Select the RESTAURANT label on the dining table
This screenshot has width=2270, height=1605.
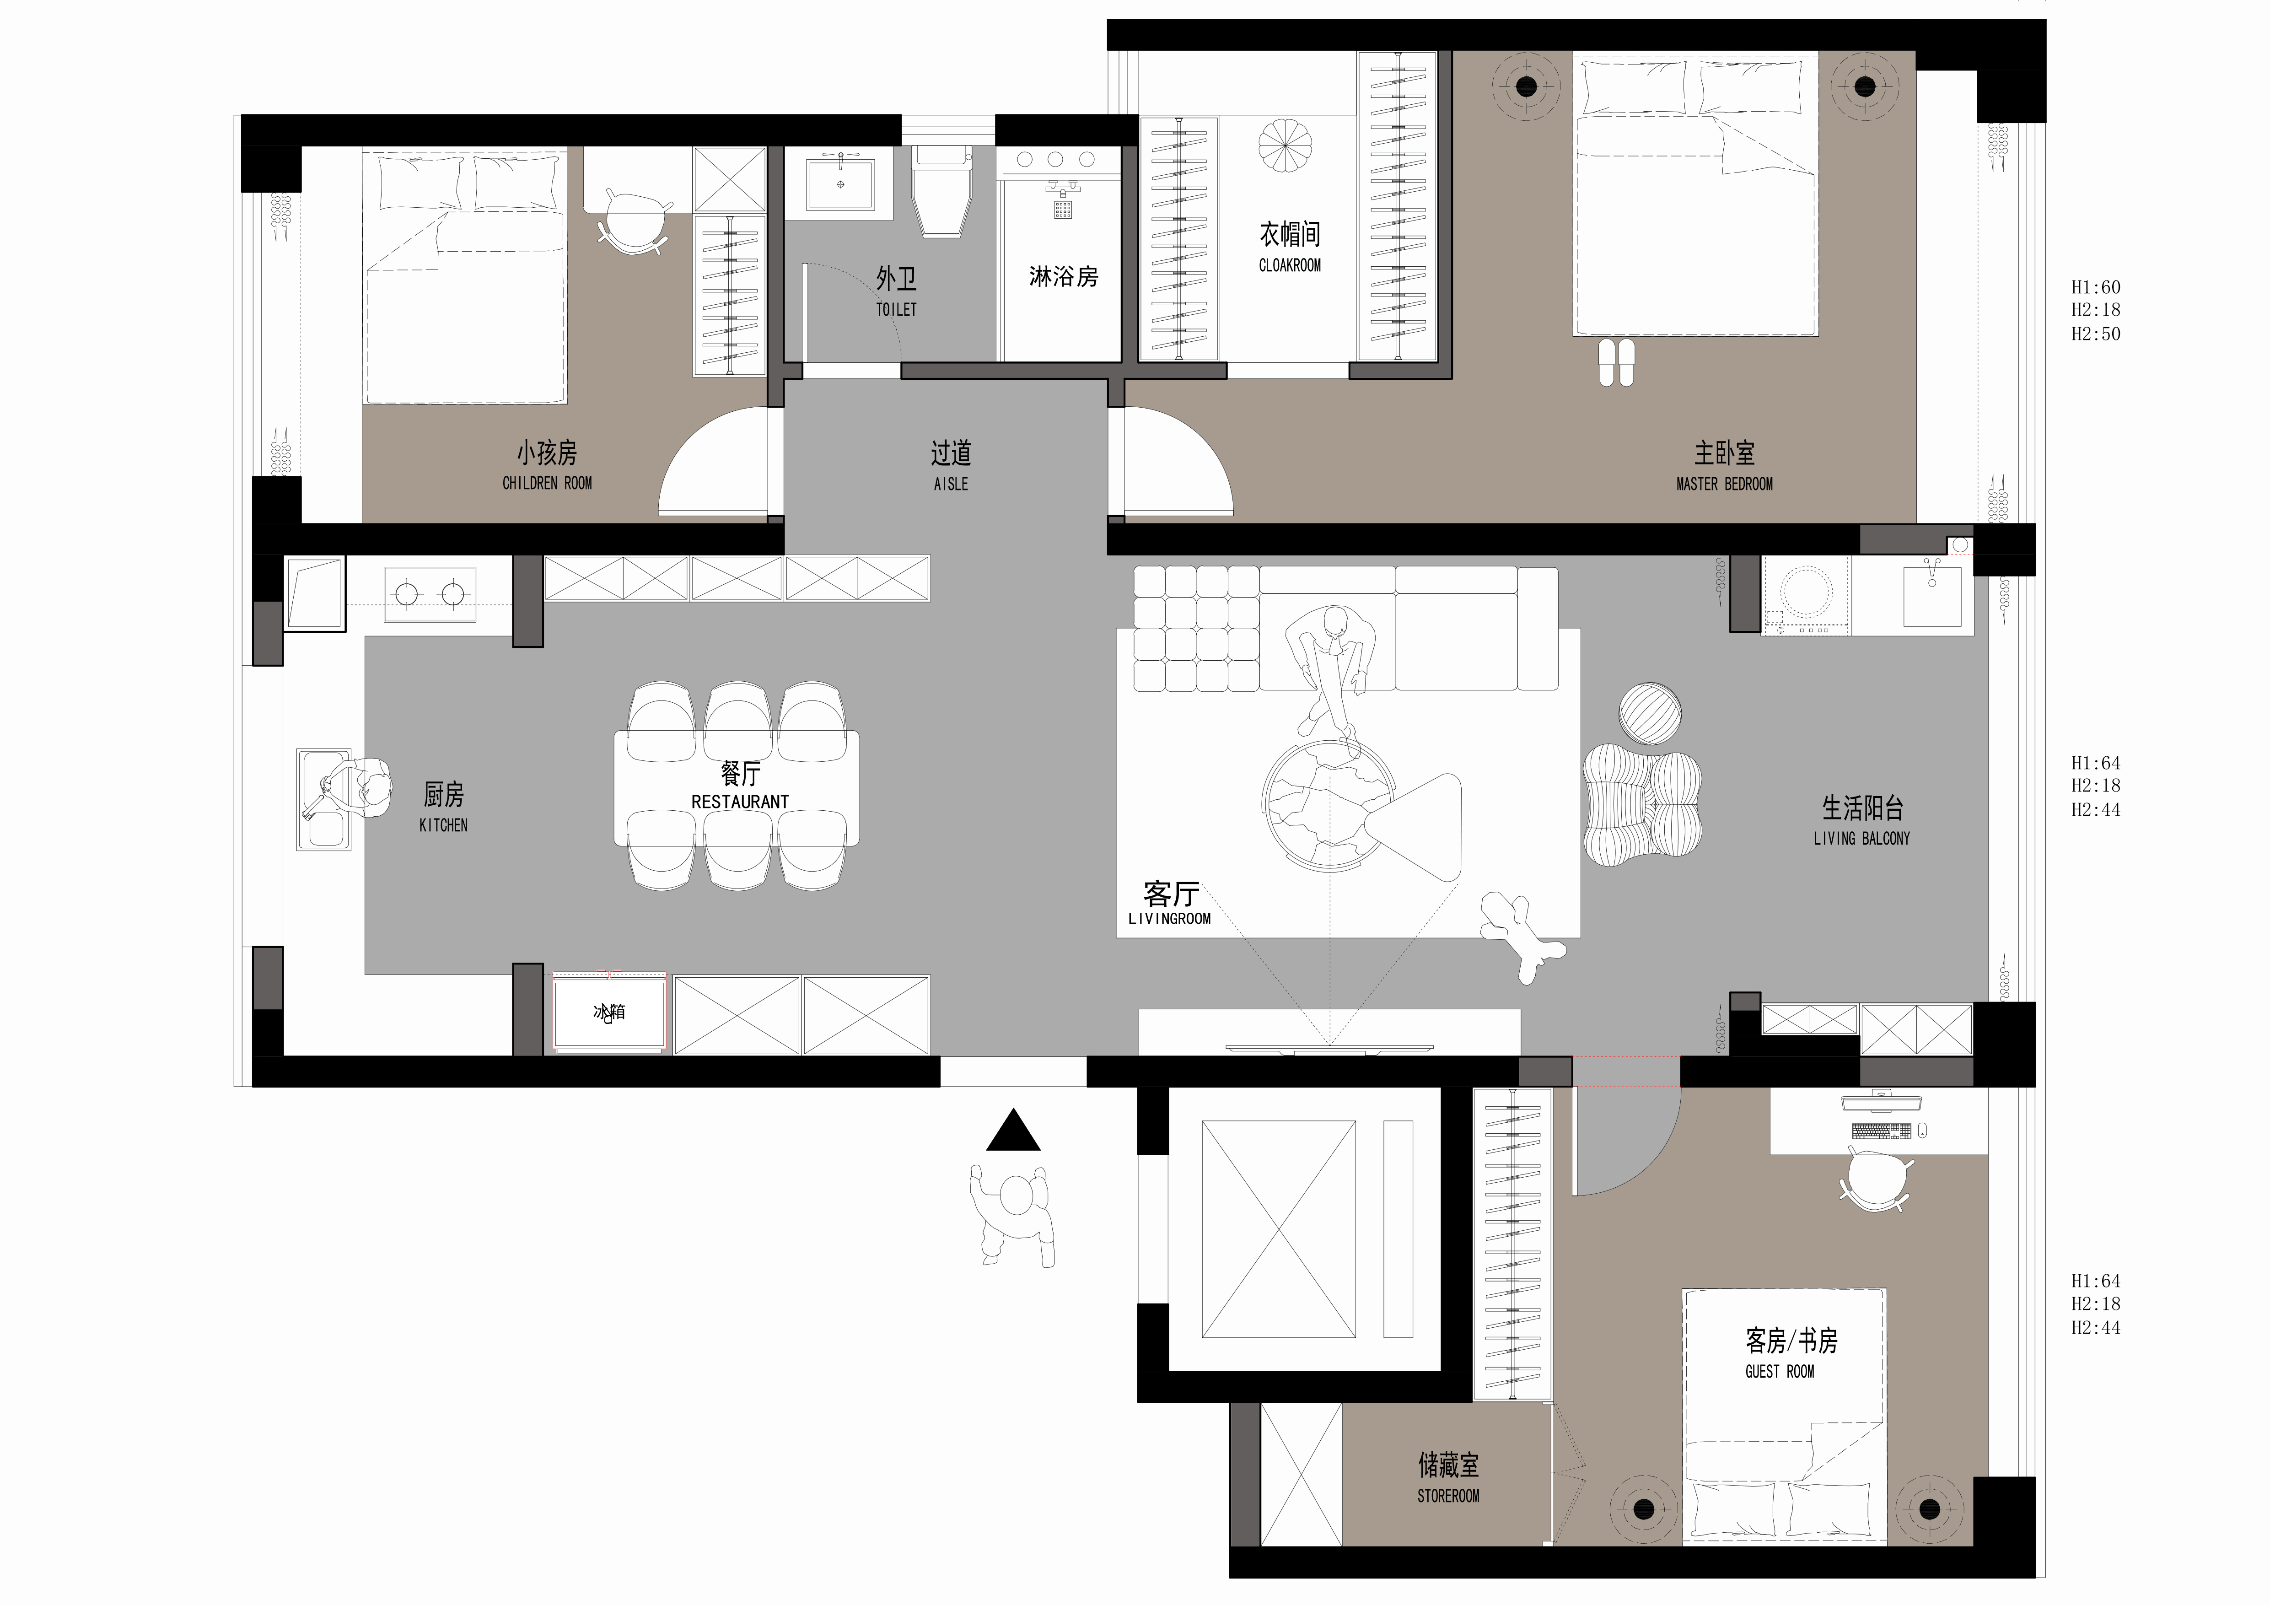pos(740,802)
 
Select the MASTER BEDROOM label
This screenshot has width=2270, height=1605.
pos(1724,484)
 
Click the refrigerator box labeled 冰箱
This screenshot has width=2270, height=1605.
pos(609,1013)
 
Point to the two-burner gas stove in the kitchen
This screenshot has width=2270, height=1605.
pos(429,594)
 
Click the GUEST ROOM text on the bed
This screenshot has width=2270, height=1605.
pos(1780,1372)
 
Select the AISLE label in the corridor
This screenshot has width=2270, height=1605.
pos(951,484)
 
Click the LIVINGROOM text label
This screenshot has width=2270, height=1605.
pos(1170,919)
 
